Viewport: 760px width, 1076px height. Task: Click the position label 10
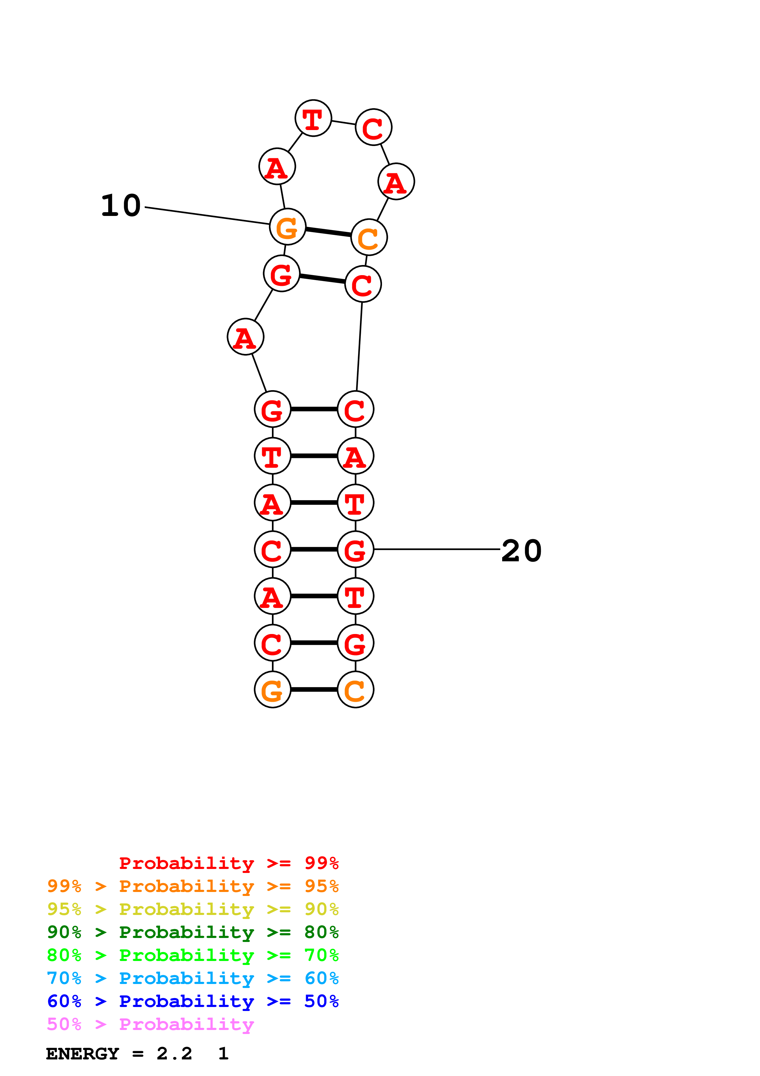121,206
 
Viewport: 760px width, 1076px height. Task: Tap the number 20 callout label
521,551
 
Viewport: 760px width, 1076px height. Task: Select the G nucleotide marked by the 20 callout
355,549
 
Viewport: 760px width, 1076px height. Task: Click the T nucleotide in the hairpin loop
313,118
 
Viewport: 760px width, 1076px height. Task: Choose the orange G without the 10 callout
273,690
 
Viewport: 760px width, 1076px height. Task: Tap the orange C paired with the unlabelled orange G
355,690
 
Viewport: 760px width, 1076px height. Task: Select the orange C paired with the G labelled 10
369,237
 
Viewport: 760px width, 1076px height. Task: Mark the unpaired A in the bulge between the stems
245,337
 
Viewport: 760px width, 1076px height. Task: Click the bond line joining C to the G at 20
314,549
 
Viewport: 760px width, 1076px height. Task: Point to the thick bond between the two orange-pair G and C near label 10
328,232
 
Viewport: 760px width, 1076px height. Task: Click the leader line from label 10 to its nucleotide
206,216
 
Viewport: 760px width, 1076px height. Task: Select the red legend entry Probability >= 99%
228,863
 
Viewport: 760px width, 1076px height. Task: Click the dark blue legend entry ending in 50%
193,1001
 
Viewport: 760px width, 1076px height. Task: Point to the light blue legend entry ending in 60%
193,978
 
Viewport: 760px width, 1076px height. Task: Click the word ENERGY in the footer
82,1054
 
